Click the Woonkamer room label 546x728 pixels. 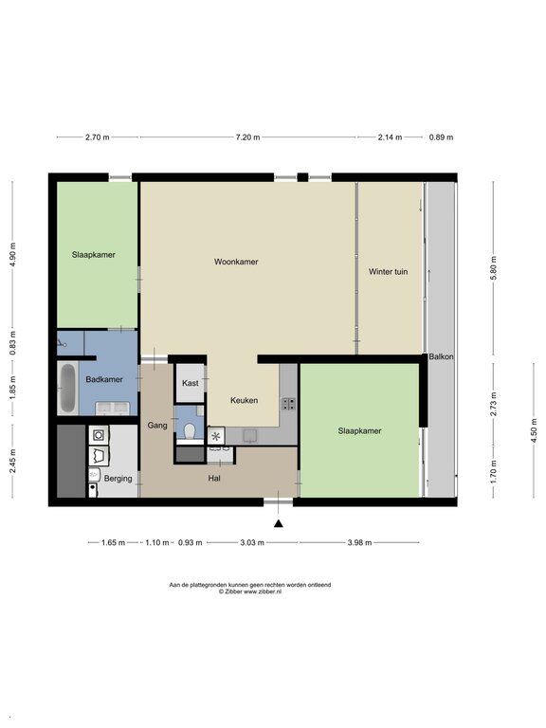tap(236, 262)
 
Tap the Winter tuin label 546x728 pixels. tap(388, 272)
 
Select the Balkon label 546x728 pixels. tap(441, 357)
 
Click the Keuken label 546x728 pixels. tap(245, 400)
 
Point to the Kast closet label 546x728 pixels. tap(190, 383)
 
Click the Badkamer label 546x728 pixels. tap(104, 379)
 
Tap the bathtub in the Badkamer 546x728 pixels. tap(68, 388)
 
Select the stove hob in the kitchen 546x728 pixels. tap(288, 404)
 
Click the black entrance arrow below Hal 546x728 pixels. tap(279, 523)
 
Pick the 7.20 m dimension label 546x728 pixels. tap(248, 137)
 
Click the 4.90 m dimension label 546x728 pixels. tap(12, 254)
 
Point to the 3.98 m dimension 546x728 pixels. tap(359, 542)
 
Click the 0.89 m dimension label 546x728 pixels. tap(441, 137)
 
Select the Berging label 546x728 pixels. tap(118, 478)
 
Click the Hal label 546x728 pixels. tap(214, 478)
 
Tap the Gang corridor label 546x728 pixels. tap(157, 426)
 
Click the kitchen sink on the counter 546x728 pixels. tap(250, 435)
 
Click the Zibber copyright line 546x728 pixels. tap(250, 591)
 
